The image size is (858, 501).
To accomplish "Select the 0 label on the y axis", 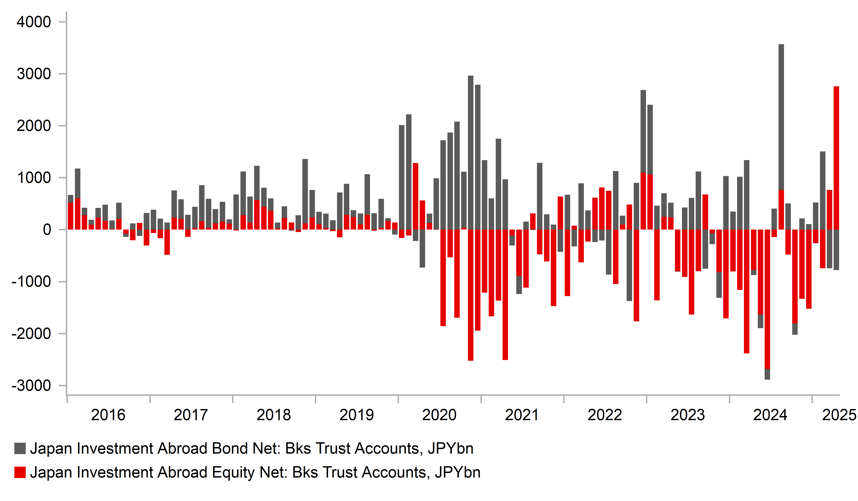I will (x=47, y=230).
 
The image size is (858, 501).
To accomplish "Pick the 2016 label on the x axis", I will (x=108, y=415).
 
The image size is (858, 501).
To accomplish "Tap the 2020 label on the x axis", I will (x=439, y=415).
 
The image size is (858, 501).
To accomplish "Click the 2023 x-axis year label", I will (x=687, y=415).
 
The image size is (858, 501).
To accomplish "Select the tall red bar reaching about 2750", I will (x=836, y=157).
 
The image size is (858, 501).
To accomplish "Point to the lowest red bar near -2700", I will (x=767, y=300).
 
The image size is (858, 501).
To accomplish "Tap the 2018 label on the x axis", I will (x=274, y=415).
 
